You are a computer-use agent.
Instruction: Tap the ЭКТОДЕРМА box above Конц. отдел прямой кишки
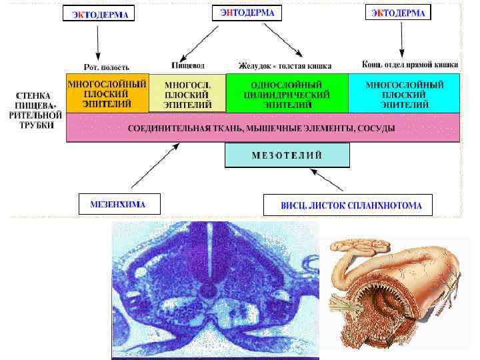(x=398, y=13)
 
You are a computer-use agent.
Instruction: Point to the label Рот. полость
(x=106, y=67)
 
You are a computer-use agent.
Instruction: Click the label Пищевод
(x=188, y=65)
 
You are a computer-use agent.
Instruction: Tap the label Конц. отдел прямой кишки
(x=410, y=65)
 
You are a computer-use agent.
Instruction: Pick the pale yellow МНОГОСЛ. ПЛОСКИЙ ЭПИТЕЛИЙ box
(x=188, y=94)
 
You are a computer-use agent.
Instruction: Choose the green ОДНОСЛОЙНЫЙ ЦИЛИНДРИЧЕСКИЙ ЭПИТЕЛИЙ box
(x=287, y=94)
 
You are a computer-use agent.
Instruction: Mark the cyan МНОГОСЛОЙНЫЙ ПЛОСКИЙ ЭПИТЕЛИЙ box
(x=404, y=94)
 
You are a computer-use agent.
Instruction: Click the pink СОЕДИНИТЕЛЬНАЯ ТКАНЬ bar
(x=263, y=127)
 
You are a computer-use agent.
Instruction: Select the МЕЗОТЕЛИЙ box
(x=287, y=155)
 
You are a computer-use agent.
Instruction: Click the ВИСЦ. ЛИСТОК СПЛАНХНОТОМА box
(x=347, y=205)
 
